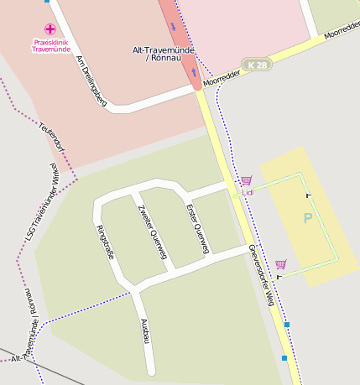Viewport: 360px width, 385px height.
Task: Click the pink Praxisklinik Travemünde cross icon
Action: click(x=49, y=29)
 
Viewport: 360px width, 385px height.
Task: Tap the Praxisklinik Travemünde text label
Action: click(x=50, y=45)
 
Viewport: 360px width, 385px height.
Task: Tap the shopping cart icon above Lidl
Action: click(x=246, y=180)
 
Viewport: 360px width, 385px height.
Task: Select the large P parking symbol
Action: click(x=307, y=218)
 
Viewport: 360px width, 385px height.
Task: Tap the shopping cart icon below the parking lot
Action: click(x=280, y=263)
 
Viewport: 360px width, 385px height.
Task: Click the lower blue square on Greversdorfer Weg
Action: click(x=284, y=358)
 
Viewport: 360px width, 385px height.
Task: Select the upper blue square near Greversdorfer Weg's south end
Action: click(x=287, y=324)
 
